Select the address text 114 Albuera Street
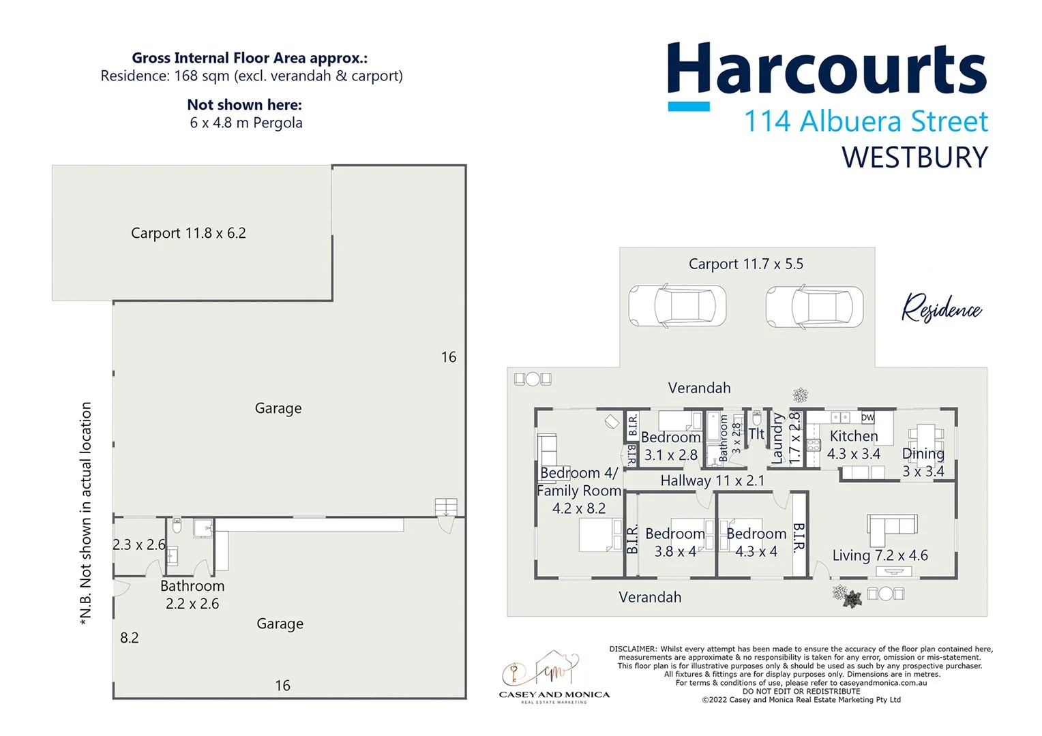pos(865,122)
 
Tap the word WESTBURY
pos(914,157)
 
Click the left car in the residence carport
pos(676,306)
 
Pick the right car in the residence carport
pos(814,306)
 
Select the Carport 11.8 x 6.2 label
pos(188,233)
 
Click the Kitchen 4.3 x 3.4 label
pos(853,444)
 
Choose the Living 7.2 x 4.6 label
pos(880,555)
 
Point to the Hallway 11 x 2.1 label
pos(712,480)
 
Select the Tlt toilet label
pos(756,434)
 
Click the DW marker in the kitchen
pos(867,418)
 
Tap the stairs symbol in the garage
pos(446,508)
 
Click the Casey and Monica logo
pos(554,677)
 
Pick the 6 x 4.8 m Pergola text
pos(245,123)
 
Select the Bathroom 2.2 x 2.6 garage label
pos(192,594)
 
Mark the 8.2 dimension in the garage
pos(130,638)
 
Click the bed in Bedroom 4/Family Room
pos(600,535)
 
